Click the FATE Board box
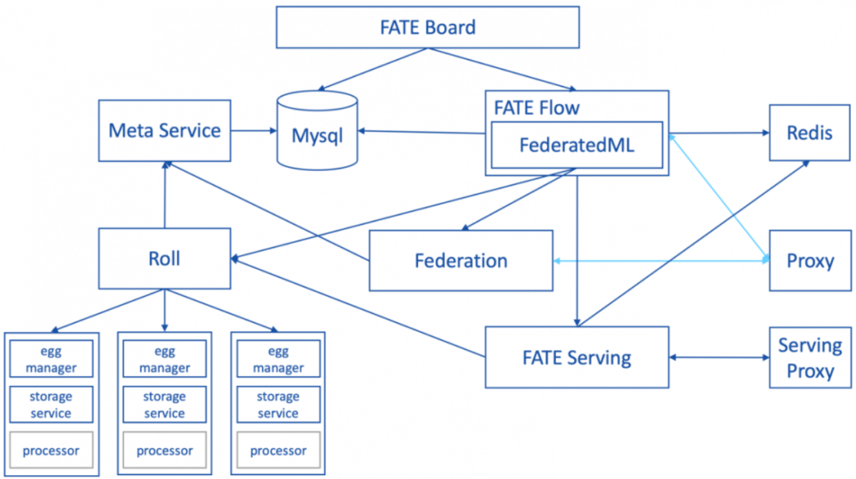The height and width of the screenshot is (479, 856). point(427,28)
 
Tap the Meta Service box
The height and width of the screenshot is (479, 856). point(164,130)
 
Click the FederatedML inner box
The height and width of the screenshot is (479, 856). point(577,145)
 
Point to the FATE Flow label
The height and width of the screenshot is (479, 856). point(536,107)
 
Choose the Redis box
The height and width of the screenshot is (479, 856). point(809,132)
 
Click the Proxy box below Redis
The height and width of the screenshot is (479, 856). point(809,261)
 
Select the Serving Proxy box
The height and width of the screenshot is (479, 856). point(809,357)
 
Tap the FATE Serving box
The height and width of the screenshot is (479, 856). point(577,357)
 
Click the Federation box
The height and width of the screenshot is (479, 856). point(460,260)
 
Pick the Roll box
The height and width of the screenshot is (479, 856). point(164,258)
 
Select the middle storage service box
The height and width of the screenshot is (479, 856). point(164,405)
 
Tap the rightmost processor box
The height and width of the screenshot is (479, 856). point(278,451)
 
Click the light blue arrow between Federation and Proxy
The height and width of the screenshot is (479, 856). point(660,261)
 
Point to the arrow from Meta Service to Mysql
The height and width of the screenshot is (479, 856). point(254,130)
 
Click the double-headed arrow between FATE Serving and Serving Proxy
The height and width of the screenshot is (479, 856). point(719,357)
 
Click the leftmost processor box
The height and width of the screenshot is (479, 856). point(51,451)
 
